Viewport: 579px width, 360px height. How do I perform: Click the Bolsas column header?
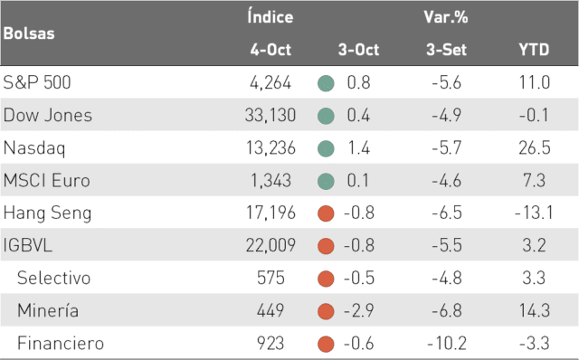pyautogui.click(x=29, y=33)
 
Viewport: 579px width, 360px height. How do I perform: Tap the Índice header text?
pyautogui.click(x=271, y=16)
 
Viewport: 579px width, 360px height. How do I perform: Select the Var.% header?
pyautogui.click(x=446, y=17)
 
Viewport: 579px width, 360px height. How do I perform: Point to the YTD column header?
pyautogui.click(x=534, y=50)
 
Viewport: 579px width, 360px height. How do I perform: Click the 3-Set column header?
pyautogui.click(x=446, y=50)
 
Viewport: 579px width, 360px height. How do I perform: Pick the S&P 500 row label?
pyautogui.click(x=36, y=82)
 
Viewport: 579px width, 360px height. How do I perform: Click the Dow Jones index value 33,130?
pyautogui.click(x=271, y=115)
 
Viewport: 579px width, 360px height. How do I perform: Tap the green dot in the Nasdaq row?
pyautogui.click(x=326, y=148)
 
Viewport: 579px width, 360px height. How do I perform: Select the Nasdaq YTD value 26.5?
pyautogui.click(x=535, y=147)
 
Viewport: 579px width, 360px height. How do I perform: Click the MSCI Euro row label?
pyautogui.click(x=46, y=181)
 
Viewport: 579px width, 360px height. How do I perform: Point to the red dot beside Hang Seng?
pyautogui.click(x=326, y=213)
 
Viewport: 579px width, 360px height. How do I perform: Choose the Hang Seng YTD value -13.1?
pyautogui.click(x=534, y=213)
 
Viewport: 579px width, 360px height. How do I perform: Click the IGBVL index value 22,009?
pyautogui.click(x=271, y=245)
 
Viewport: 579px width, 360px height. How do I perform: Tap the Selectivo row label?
pyautogui.click(x=53, y=278)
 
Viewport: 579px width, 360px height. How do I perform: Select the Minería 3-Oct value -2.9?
pyautogui.click(x=358, y=310)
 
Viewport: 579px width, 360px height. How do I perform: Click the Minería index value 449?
pyautogui.click(x=271, y=310)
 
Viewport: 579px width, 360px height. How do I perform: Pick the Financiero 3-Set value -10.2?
pyautogui.click(x=447, y=343)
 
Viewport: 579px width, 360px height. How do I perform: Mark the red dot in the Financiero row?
pyautogui.click(x=326, y=344)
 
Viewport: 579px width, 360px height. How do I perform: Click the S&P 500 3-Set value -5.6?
pyautogui.click(x=446, y=82)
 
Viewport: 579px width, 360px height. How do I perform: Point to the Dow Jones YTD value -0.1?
pyautogui.click(x=534, y=115)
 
